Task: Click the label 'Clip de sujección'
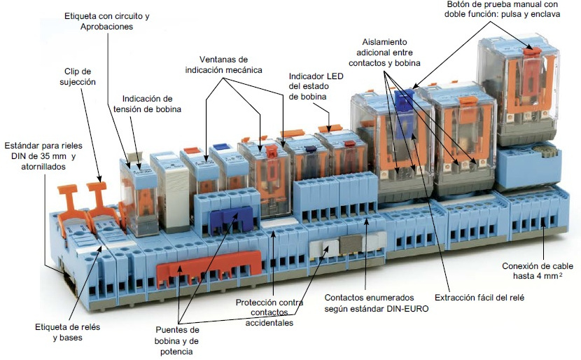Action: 78,77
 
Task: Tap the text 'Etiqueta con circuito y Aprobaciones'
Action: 106,21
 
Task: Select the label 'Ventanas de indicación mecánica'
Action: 223,64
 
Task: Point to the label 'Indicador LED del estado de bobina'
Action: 316,86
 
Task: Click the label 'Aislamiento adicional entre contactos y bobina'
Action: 384,53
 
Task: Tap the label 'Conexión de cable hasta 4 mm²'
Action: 538,270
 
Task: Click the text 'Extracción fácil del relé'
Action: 479,298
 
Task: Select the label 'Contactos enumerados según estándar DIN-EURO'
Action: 376,303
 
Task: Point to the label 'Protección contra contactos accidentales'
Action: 269,312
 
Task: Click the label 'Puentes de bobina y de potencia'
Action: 176,340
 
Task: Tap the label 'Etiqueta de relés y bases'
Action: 67,332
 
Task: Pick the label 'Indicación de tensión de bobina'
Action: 147,104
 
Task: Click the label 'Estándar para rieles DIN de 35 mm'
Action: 43,156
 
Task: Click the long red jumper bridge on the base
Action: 208,269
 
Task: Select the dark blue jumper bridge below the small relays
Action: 231,219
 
